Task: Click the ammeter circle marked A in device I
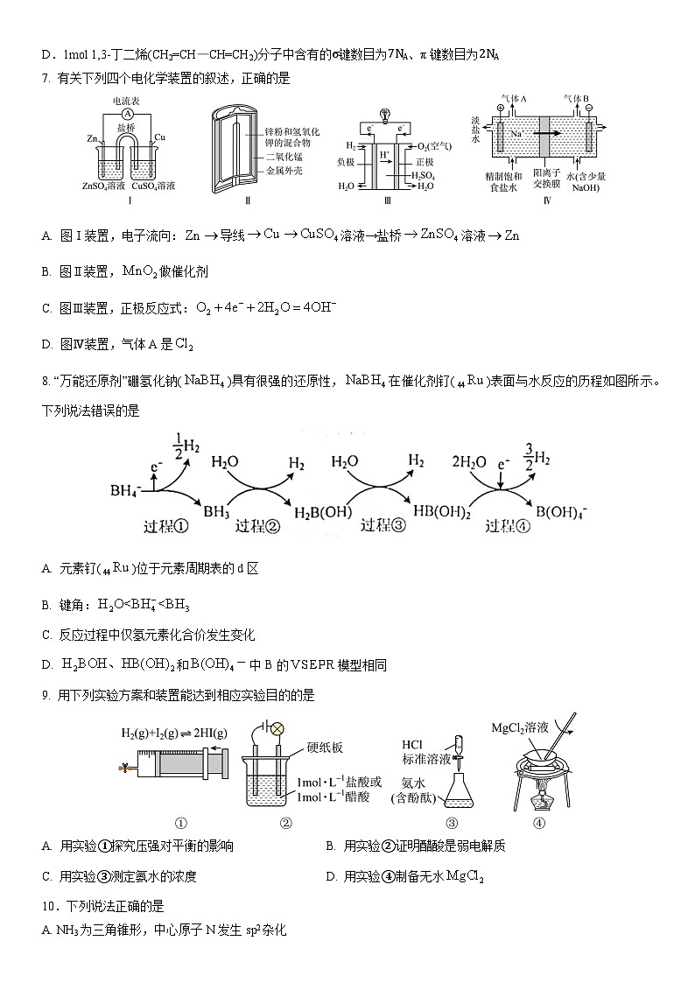tap(128, 115)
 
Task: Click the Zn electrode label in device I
tap(92, 138)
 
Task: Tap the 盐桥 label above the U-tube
tap(126, 127)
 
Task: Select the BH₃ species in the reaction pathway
tap(215, 509)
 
